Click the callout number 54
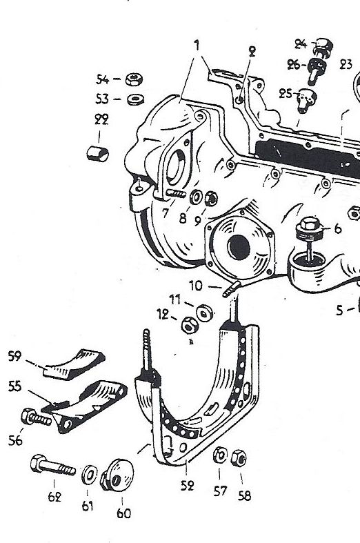[x=102, y=79]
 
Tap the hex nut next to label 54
[x=134, y=79]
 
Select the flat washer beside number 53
[x=135, y=100]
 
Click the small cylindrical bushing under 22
[x=97, y=154]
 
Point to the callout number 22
[x=101, y=119]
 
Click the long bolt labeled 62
[x=52, y=465]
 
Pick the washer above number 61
[x=89, y=475]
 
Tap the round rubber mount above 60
[x=118, y=475]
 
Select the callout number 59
[x=14, y=356]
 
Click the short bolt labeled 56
[x=36, y=417]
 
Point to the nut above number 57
[x=219, y=455]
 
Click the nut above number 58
[x=239, y=458]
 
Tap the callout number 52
[x=187, y=486]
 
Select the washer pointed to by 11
[x=204, y=313]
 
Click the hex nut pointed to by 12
[x=190, y=325]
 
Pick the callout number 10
[x=196, y=286]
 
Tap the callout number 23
[x=346, y=64]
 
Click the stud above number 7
[x=176, y=194]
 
